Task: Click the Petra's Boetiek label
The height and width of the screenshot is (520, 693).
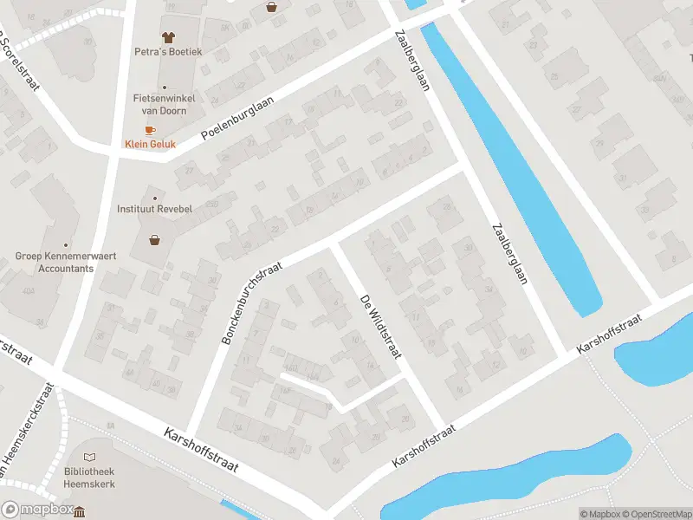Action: (x=168, y=52)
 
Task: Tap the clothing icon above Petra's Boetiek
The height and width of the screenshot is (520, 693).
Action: (x=168, y=36)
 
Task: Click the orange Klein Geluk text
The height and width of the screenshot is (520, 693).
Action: (x=150, y=145)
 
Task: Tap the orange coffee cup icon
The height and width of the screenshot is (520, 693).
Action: (x=150, y=130)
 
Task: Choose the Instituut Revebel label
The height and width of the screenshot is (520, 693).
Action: (x=155, y=209)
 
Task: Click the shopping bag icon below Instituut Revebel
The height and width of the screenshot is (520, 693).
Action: (x=155, y=240)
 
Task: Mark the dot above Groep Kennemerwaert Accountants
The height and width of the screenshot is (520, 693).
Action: (x=66, y=244)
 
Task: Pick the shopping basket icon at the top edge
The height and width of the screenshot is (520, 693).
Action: (x=272, y=7)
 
